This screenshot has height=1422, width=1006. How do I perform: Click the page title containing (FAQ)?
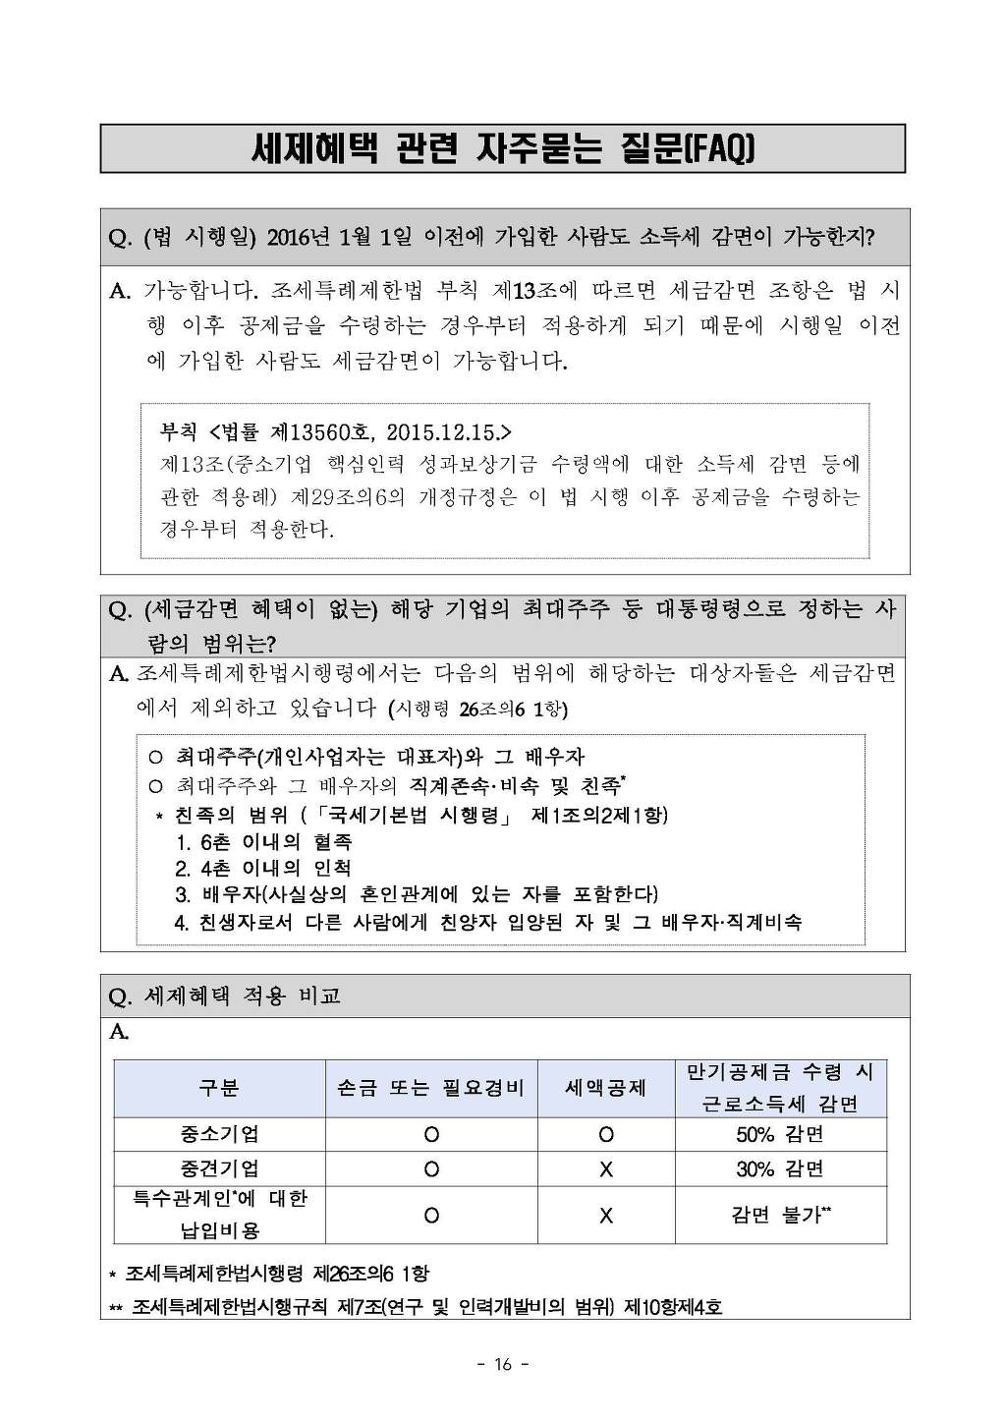coord(502,149)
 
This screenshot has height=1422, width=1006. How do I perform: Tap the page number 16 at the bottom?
coord(502,1364)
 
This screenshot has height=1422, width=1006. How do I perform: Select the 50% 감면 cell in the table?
coord(780,1134)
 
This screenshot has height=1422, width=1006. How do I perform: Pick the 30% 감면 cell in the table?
coord(780,1168)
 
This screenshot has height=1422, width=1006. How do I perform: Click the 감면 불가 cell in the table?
coord(780,1215)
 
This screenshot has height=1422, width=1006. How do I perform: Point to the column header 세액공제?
coord(605,1088)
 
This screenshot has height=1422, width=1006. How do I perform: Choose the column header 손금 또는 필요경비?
coord(430,1088)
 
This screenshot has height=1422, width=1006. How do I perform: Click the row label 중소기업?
coord(219,1134)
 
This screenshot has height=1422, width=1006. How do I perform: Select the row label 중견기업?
coord(219,1168)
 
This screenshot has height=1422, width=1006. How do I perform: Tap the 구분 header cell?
coord(219,1088)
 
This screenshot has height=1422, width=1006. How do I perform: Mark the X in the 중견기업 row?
coord(605,1168)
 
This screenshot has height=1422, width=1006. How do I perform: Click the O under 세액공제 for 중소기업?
coord(605,1134)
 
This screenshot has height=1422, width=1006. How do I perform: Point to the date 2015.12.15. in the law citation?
coord(449,432)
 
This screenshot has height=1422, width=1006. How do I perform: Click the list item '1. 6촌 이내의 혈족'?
coord(263,842)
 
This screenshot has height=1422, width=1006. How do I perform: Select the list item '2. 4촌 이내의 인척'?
coord(262,869)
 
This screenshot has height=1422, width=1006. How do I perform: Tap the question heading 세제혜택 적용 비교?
coord(242,996)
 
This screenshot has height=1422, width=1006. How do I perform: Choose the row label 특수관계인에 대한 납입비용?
coord(219,1215)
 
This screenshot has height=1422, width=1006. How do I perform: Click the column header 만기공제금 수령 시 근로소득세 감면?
coord(780,1088)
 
